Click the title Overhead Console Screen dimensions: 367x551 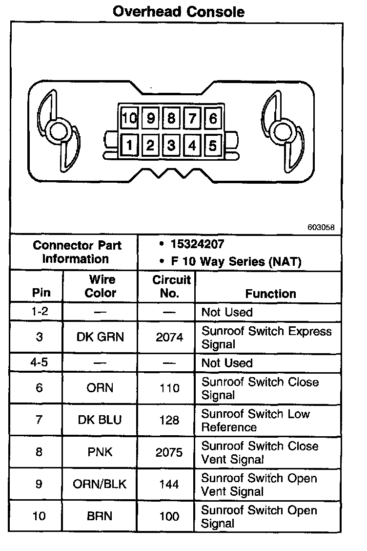coord(179,11)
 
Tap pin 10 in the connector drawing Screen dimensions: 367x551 coord(129,119)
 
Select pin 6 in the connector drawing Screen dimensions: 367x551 coord(213,119)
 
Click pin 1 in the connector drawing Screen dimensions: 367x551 coord(129,145)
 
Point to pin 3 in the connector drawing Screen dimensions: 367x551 coord(171,145)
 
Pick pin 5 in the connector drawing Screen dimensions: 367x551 coord(213,145)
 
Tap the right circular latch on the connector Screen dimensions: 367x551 coord(282,131)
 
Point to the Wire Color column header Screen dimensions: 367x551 coord(101,286)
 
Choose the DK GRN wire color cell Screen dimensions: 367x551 coord(101,337)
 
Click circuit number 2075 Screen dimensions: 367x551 coord(169,452)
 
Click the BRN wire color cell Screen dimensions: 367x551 coord(100,517)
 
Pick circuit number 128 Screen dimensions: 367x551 coord(169,420)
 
